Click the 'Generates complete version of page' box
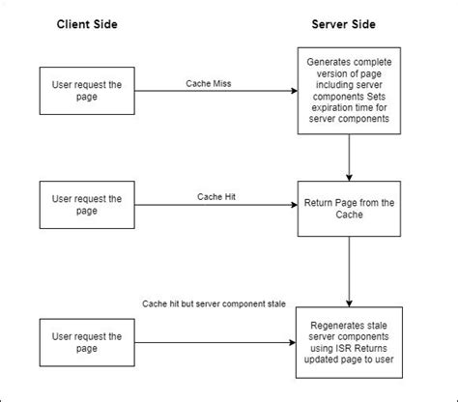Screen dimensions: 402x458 tap(346, 93)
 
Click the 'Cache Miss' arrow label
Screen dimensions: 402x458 tap(207, 84)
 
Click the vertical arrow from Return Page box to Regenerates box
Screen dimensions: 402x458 tap(346, 270)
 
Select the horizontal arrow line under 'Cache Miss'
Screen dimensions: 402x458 tap(208, 93)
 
